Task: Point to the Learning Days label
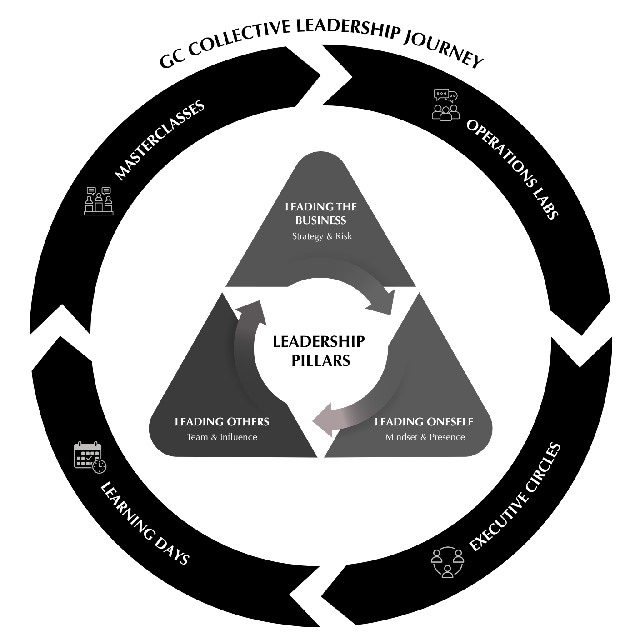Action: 145,524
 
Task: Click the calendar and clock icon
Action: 90,457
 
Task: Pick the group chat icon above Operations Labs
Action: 445,105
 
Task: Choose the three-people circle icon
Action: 447,562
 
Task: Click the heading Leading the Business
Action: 321,213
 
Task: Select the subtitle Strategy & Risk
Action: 322,236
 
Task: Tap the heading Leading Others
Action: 222,422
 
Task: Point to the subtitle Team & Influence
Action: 222,437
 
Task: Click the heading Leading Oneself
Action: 424,422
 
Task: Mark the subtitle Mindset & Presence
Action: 425,437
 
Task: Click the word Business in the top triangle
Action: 321,220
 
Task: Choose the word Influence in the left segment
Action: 239,437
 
